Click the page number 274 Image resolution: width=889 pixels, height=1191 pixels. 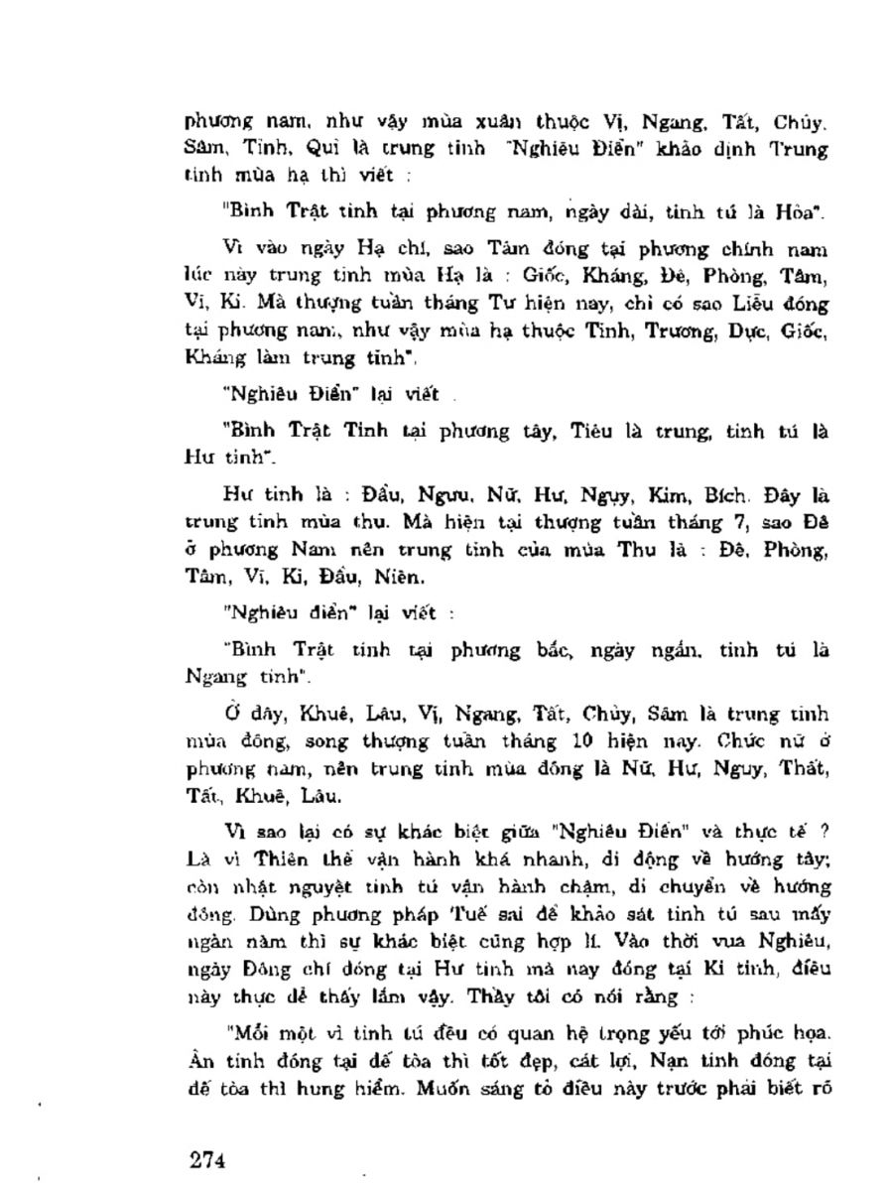point(209,1159)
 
